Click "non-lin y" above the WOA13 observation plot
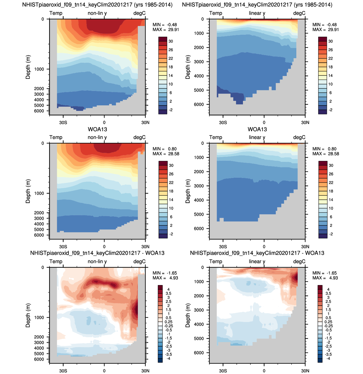[97, 137]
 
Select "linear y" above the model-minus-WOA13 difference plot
[257, 262]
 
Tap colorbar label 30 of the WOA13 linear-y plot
[331, 166]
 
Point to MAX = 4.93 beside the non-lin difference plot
[165, 278]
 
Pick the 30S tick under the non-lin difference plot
[63, 371]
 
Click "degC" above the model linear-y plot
[299, 13]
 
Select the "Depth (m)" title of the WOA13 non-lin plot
[28, 191]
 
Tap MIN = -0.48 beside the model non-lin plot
[165, 25]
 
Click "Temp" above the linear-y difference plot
[216, 262]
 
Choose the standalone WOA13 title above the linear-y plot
[257, 129]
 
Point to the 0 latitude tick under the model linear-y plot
[264, 122]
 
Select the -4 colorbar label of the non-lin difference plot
[168, 358]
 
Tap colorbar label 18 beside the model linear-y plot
[331, 67]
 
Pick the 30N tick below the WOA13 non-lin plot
[145, 247]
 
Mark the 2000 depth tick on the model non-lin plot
[39, 89]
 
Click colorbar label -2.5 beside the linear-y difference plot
[329, 346]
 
